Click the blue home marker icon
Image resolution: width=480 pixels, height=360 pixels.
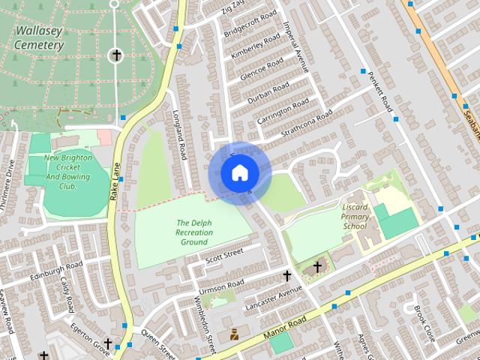click(239, 173)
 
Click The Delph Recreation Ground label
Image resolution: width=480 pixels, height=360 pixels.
click(193, 232)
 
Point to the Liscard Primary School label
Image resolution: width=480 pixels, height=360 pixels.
click(355, 216)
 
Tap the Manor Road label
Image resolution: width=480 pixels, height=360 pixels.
click(285, 325)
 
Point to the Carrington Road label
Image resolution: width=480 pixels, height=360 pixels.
click(283, 111)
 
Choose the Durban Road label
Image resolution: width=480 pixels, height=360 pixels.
click(269, 94)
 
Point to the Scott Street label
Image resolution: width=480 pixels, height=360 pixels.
click(225, 256)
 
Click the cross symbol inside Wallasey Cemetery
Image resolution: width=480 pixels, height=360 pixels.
click(116, 55)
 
